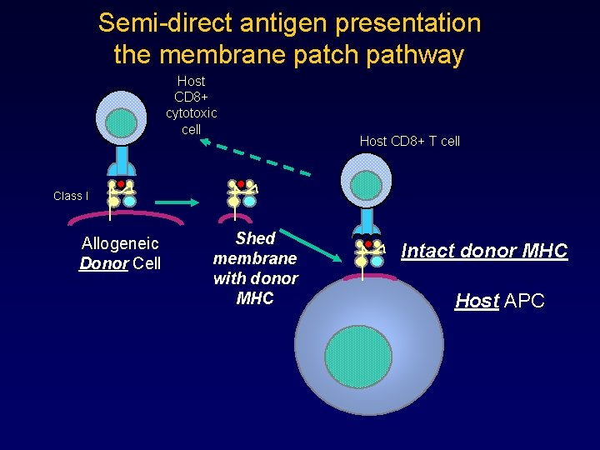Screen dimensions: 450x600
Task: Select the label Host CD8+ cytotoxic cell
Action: pyautogui.click(x=191, y=105)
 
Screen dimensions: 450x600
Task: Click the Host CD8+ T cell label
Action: pyautogui.click(x=409, y=142)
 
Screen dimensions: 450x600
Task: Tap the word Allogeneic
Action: pyautogui.click(x=120, y=244)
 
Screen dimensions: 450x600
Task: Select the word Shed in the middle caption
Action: pyautogui.click(x=255, y=238)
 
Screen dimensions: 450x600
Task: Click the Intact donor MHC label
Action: pyautogui.click(x=484, y=251)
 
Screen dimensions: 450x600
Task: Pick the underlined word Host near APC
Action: pyautogui.click(x=477, y=301)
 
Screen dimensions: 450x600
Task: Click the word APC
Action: pyautogui.click(x=524, y=301)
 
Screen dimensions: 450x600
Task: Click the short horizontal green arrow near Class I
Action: pyautogui.click(x=175, y=201)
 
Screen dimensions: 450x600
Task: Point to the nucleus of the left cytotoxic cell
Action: pyautogui.click(x=122, y=122)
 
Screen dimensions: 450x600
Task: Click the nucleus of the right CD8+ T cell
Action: pyautogui.click(x=366, y=185)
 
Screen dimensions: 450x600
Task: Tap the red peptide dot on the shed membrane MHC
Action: pyautogui.click(x=241, y=183)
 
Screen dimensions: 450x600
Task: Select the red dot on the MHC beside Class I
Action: pyautogui.click(x=121, y=183)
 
